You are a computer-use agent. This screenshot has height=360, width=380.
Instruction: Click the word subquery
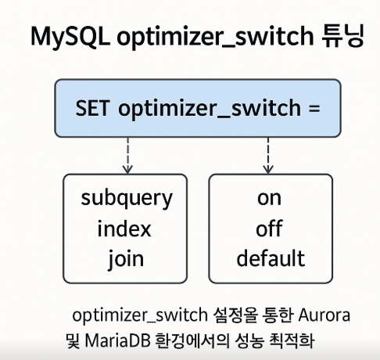[x=126, y=199]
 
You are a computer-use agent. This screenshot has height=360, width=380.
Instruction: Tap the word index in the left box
[x=124, y=229]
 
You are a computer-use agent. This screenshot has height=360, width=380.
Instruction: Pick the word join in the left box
[x=125, y=259]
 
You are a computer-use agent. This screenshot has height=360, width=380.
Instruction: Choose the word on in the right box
[x=269, y=199]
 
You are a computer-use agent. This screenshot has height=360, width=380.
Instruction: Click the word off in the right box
[x=269, y=229]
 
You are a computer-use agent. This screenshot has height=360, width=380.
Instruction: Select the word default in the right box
[x=270, y=258]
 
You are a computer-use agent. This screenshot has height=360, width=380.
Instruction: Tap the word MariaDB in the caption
[x=122, y=342]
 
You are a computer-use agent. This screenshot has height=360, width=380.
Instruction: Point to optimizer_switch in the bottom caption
[x=134, y=316]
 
